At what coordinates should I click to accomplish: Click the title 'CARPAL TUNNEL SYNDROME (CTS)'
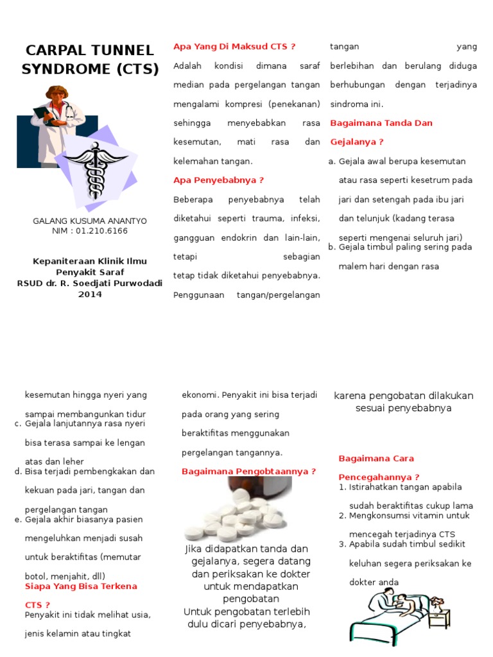90,60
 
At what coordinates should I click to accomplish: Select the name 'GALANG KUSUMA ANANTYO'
90,221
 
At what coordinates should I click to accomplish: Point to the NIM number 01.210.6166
101,230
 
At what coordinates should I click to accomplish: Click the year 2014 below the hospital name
90,294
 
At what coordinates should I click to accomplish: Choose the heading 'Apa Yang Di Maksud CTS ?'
234,46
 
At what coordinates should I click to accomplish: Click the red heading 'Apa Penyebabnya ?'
218,180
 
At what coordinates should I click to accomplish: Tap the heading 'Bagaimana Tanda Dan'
381,123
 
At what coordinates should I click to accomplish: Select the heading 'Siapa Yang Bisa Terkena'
81,586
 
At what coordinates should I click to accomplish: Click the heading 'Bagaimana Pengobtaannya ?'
248,472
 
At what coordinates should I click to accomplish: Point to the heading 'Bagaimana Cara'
376,459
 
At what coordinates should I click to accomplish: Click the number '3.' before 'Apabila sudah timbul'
343,544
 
